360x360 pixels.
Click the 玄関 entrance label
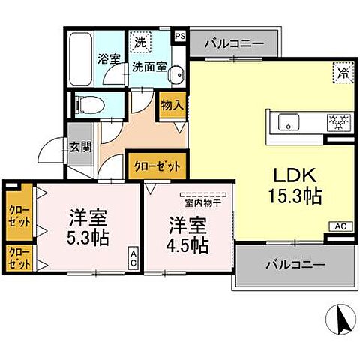[80, 148]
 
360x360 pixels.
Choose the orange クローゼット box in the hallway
[156, 164]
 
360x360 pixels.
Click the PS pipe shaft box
[180, 35]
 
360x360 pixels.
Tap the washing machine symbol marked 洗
[139, 42]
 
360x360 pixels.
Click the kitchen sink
[289, 120]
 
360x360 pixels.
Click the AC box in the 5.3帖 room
[133, 259]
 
